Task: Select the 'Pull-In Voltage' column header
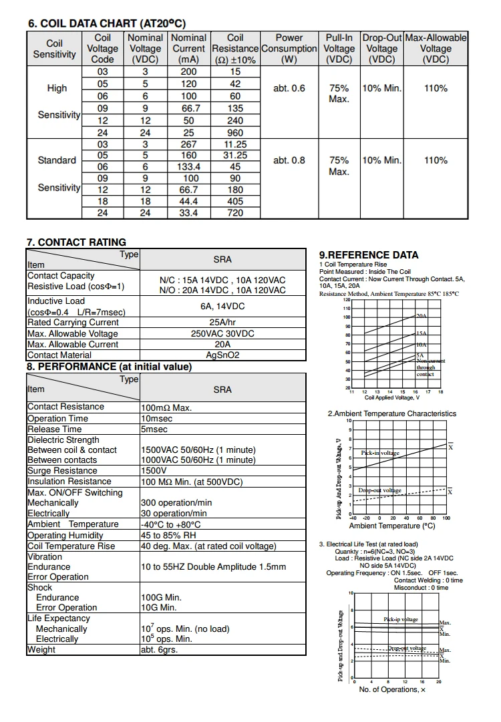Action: pyautogui.click(x=339, y=49)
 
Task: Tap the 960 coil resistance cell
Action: pyautogui.click(x=235, y=133)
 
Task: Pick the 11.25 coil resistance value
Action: pyautogui.click(x=235, y=144)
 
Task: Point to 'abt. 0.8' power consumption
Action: pyautogui.click(x=289, y=160)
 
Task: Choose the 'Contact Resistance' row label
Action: pyautogui.click(x=65, y=407)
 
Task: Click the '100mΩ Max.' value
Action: pyautogui.click(x=166, y=407)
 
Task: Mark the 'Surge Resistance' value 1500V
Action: pyautogui.click(x=154, y=471)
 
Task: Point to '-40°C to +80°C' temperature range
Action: pyautogui.click(x=171, y=525)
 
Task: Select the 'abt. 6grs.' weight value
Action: pyautogui.click(x=159, y=650)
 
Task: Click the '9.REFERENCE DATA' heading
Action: pyautogui.click(x=369, y=255)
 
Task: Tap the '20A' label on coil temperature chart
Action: pyautogui.click(x=421, y=315)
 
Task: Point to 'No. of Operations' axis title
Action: pyautogui.click(x=392, y=689)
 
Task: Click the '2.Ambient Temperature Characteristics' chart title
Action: pyautogui.click(x=391, y=414)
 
